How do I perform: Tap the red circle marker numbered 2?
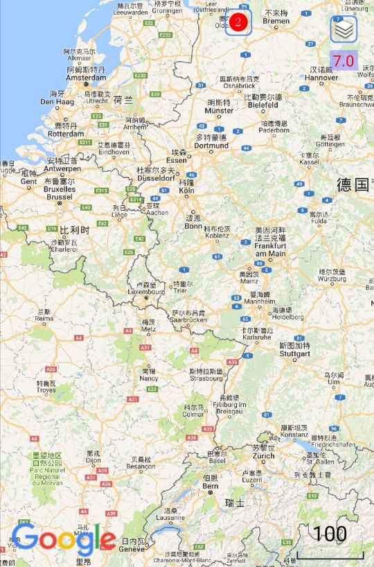(238, 22)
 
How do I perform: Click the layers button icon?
(344, 30)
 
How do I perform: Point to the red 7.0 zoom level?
(343, 60)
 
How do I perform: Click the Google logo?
(64, 539)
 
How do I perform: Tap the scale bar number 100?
(329, 534)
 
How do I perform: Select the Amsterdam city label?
(87, 78)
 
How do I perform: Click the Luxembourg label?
(146, 292)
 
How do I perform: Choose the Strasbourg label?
(206, 378)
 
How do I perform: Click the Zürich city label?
(263, 455)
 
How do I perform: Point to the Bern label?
(210, 486)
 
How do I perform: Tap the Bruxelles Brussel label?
(60, 192)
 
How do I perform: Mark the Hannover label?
(321, 78)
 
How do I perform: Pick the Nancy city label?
(148, 378)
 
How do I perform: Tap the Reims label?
(44, 319)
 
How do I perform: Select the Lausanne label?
(170, 517)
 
